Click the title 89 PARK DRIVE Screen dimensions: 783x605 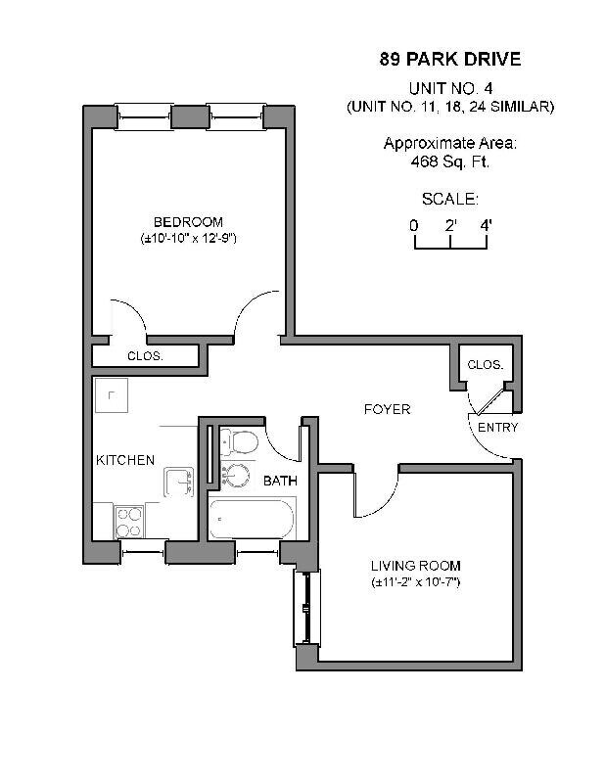point(449,60)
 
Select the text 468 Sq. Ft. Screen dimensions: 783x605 point(449,161)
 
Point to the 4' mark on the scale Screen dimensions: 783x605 point(486,225)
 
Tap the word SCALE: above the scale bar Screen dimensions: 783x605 point(449,200)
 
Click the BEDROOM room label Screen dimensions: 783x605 point(188,222)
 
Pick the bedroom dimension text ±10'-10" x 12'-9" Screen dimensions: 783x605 point(188,238)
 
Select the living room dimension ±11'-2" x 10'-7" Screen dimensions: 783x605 point(415,582)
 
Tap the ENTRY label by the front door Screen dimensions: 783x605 point(497,428)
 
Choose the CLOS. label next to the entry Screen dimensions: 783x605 point(485,365)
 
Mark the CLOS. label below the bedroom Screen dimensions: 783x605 point(145,356)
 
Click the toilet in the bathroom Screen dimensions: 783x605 point(237,441)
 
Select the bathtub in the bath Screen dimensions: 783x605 point(252,519)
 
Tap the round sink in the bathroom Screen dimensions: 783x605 point(234,476)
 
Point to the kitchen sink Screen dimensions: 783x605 point(179,482)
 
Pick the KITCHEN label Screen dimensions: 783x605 point(124,460)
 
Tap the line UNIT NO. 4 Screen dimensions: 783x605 point(449,87)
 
